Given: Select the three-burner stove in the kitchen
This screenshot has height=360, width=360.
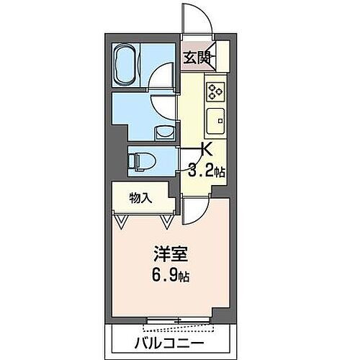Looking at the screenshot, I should [216, 91].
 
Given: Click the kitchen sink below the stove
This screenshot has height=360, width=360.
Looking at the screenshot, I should [216, 120].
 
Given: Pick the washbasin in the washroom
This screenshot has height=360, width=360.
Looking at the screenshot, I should [165, 132].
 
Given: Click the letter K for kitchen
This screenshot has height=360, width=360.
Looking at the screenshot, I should [205, 150].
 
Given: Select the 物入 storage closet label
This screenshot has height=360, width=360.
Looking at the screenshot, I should [140, 197].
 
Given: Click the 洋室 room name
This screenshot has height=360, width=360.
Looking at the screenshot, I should [165, 255].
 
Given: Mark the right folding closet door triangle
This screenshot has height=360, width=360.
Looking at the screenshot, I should [168, 220].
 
